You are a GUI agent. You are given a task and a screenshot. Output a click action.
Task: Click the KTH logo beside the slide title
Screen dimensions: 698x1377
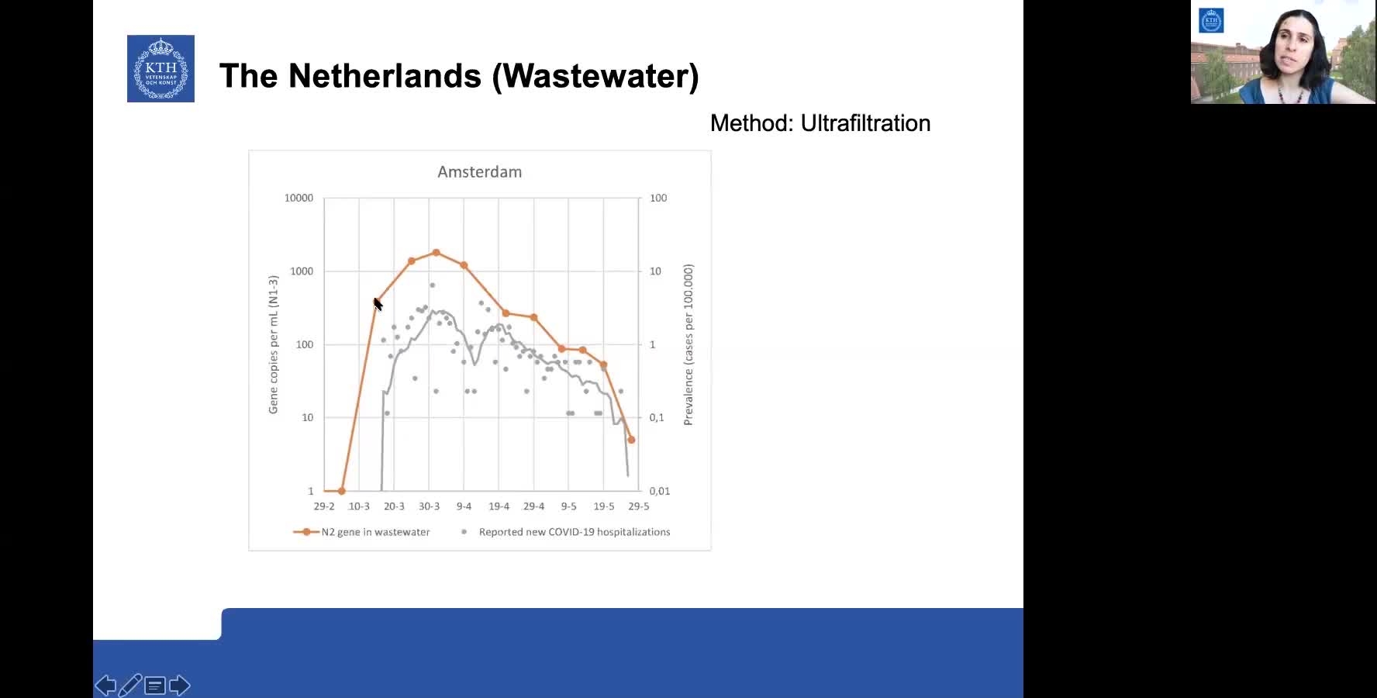pos(160,68)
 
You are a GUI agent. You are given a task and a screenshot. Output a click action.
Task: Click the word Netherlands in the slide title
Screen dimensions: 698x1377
pos(385,76)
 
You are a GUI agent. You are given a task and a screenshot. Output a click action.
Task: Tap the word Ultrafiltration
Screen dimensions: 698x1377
pos(865,123)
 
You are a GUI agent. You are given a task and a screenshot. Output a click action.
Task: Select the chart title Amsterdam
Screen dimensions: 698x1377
pos(479,172)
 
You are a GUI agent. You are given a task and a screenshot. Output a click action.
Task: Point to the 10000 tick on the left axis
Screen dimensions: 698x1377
pos(299,198)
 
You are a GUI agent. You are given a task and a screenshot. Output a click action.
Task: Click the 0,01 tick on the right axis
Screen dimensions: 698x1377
pos(659,491)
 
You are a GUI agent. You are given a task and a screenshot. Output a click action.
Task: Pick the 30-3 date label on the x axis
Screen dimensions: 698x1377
pos(429,506)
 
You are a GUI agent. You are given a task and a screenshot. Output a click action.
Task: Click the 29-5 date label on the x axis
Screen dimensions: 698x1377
pos(638,506)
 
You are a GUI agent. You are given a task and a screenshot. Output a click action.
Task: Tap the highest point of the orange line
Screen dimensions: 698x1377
pos(436,253)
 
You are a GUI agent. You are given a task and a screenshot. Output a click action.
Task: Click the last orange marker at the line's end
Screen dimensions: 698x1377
pos(631,440)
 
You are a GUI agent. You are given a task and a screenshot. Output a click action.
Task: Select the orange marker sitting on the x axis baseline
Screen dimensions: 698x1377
pos(342,491)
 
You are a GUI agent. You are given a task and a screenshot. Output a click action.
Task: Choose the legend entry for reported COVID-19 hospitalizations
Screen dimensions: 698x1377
pos(574,532)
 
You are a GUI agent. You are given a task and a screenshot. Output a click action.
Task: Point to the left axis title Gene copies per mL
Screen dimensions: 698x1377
pos(273,344)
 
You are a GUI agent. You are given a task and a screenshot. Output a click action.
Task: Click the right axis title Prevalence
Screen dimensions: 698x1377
pos(688,344)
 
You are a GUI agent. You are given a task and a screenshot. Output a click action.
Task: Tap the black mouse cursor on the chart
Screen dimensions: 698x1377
pos(378,304)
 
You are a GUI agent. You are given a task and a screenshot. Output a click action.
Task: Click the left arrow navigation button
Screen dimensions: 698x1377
pos(105,686)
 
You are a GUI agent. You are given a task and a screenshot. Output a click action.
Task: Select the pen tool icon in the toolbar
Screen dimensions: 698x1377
pos(130,686)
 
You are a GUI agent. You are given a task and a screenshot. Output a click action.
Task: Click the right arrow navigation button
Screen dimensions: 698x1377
pos(180,686)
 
